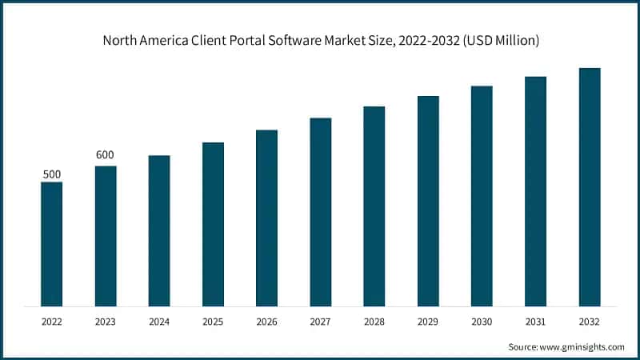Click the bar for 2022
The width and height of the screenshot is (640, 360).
pos(51,244)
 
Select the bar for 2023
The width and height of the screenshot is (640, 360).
pos(106,236)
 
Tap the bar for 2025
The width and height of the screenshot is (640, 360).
pos(213,224)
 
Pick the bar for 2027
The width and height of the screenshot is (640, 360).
pos(321,212)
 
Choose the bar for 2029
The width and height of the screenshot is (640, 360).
pos(428,201)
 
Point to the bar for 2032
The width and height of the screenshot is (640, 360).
pos(590,187)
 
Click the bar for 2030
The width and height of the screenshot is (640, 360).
pos(482,196)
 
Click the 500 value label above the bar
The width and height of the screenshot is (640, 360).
pos(51,174)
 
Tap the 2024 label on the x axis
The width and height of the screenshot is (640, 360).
pos(159,321)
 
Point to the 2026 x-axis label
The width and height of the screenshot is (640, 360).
pos(266,321)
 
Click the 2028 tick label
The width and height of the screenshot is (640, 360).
pos(374,321)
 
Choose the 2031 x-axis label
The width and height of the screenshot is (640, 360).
pos(535,321)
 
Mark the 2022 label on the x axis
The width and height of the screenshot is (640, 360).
pos(51,321)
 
